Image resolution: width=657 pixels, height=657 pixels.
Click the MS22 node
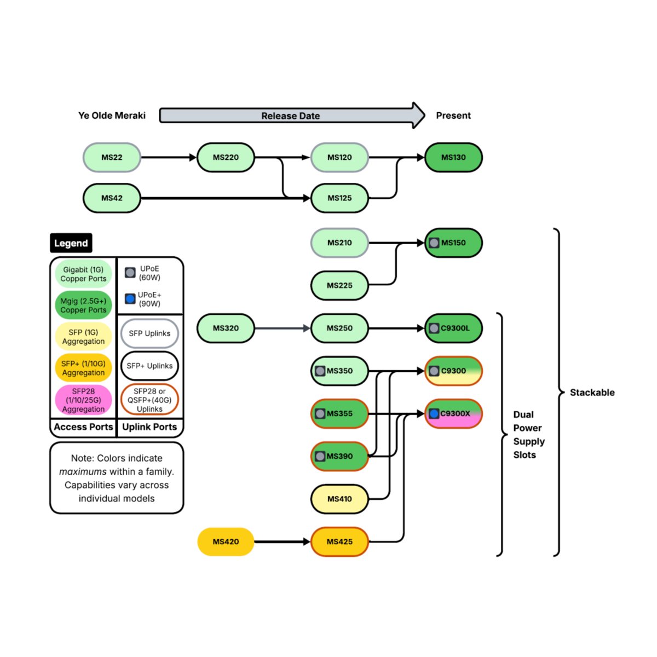tap(112, 158)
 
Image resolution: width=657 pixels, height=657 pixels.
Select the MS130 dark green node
tap(453, 158)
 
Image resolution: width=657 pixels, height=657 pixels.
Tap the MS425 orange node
tap(339, 541)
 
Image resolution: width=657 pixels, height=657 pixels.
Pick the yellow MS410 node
tap(339, 499)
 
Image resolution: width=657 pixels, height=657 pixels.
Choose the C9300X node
tap(454, 413)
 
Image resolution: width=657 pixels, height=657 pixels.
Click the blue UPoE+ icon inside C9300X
tap(434, 413)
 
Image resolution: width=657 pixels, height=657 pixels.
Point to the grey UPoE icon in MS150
tap(434, 243)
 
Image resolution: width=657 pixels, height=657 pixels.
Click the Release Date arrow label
tap(290, 116)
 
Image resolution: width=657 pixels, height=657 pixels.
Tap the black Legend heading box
tap(71, 243)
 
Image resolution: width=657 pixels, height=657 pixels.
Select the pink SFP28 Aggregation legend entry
tap(83, 400)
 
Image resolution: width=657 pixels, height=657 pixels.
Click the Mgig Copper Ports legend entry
tap(83, 306)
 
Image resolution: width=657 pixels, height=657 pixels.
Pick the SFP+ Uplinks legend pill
tap(149, 366)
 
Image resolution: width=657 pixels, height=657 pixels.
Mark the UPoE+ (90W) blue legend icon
tap(130, 298)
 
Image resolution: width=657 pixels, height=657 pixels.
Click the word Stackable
tap(592, 393)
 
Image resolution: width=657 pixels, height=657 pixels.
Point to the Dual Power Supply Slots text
tap(528, 435)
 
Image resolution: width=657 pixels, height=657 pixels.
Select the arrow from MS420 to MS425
tap(282, 541)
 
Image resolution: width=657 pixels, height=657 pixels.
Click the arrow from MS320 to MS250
tap(282, 328)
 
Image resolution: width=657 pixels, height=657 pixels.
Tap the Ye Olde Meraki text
tap(112, 116)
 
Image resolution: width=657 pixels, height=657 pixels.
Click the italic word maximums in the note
tap(83, 471)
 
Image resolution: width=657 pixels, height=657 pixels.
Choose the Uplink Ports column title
tap(149, 427)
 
